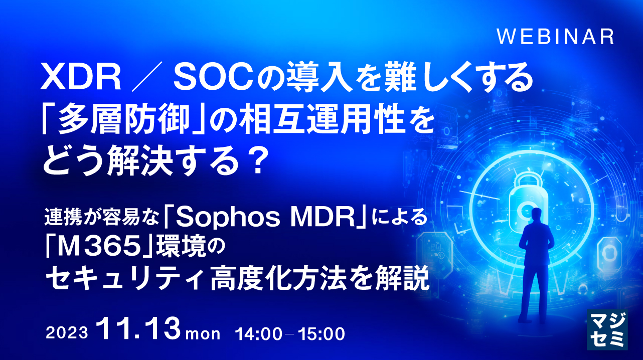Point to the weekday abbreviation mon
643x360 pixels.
[x=203, y=333]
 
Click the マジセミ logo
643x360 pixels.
[x=606, y=329]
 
